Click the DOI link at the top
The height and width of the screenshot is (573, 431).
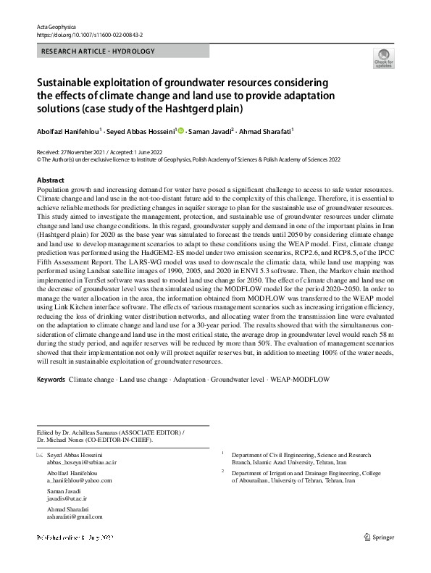tap(91, 34)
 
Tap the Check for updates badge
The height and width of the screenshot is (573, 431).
tap(383, 59)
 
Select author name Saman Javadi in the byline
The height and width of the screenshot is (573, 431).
tap(211, 132)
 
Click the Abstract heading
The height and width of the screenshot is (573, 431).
tap(50, 180)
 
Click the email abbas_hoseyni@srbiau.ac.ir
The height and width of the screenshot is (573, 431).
tap(82, 461)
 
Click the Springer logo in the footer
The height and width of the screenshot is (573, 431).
tap(381, 538)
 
